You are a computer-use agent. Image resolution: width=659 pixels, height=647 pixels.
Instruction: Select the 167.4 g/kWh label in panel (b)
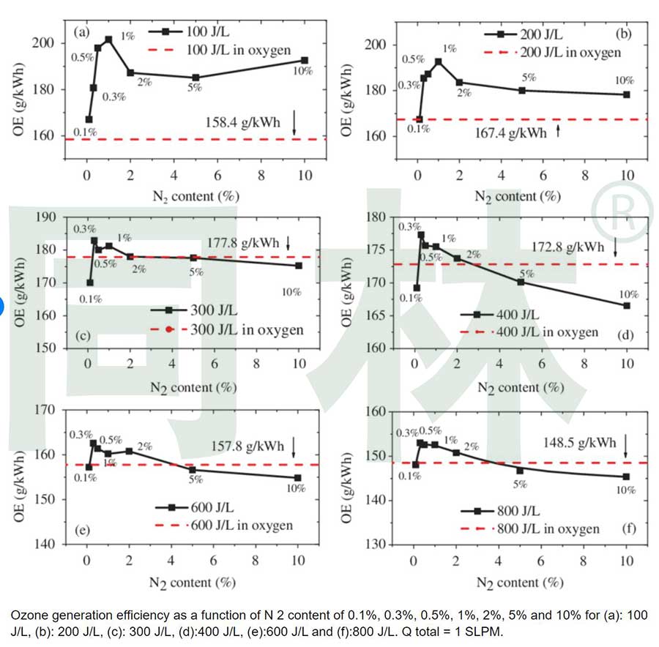pos(508,132)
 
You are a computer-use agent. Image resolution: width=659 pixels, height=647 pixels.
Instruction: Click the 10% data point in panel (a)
pos(305,60)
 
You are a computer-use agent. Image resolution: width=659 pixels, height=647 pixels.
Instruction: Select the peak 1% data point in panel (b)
pos(439,61)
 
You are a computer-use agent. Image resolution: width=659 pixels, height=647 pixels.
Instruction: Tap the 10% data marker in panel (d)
pos(627,305)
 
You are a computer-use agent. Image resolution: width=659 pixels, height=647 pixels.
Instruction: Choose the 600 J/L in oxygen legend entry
pos(242,526)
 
